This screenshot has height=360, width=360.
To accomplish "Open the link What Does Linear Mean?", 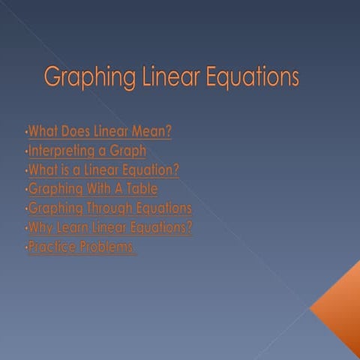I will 100,132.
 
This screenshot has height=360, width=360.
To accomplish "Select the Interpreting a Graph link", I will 87,151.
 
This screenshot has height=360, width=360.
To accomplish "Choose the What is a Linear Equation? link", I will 103,170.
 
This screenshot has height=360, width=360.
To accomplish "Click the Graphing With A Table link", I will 93,189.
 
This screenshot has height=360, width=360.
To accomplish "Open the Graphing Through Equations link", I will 109,208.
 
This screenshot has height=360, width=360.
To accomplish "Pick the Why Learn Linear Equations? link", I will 109,227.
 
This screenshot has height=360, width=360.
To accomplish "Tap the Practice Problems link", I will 81,247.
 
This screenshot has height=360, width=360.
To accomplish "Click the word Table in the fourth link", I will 142,189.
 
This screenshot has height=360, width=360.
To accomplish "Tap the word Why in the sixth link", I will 38,227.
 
